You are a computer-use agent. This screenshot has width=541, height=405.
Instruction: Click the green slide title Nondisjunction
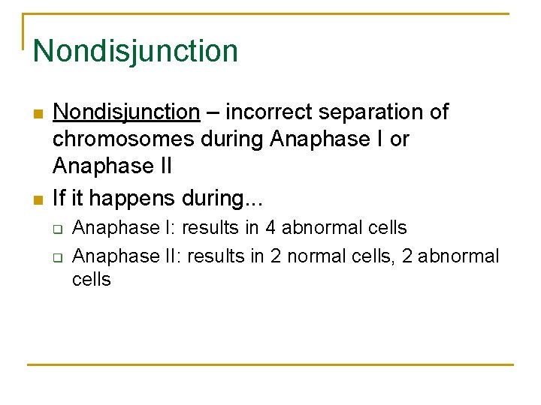tap(135, 51)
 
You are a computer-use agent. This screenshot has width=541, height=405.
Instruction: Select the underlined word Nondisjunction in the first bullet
tap(126, 112)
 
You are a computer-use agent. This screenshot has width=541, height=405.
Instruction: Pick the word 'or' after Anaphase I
tap(399, 139)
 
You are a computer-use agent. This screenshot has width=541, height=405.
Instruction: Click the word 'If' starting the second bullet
tap(59, 199)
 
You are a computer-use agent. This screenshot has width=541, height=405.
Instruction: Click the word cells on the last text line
tap(92, 280)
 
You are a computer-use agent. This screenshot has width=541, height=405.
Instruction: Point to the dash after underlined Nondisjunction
tap(213, 112)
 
